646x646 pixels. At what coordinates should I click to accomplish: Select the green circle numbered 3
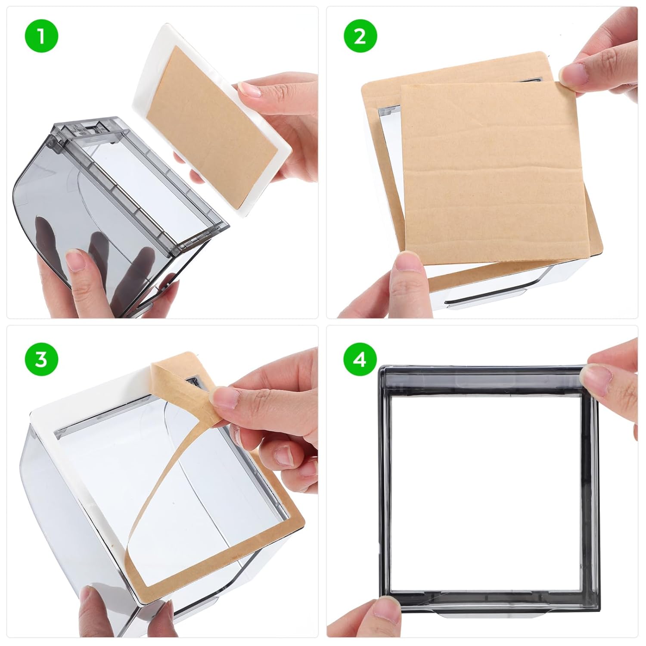click(x=41, y=359)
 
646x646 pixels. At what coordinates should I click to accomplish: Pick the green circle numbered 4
click(x=360, y=359)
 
